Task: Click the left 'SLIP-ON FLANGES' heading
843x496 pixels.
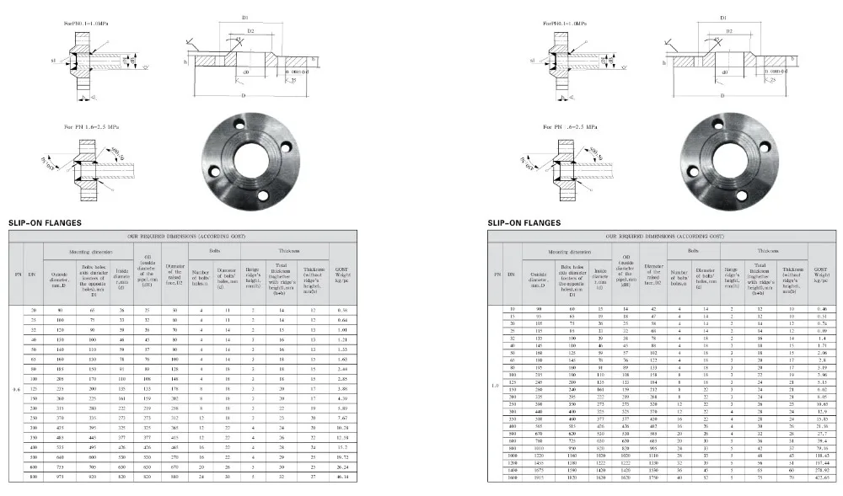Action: pyautogui.click(x=45, y=223)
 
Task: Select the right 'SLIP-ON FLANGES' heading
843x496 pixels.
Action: pyautogui.click(x=524, y=223)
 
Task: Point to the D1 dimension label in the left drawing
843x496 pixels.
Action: pyautogui.click(x=245, y=17)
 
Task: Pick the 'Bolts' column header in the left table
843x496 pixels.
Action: pyautogui.click(x=214, y=250)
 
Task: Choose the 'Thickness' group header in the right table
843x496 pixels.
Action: pyautogui.click(x=767, y=250)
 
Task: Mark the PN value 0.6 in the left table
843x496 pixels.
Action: pyautogui.click(x=16, y=390)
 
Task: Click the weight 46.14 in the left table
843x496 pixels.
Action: pyautogui.click(x=342, y=477)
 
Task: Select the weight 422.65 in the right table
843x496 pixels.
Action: pyautogui.click(x=822, y=477)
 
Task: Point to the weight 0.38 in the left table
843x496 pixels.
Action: pyautogui.click(x=342, y=310)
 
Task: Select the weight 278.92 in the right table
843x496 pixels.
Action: pyautogui.click(x=822, y=469)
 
